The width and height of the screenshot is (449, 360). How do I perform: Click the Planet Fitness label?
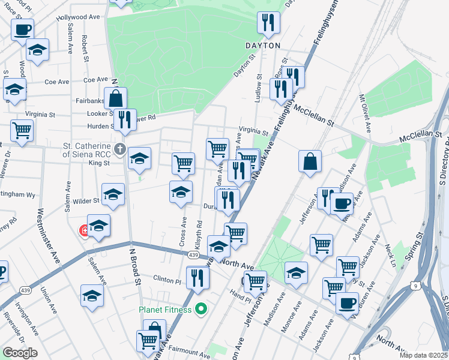[165, 310]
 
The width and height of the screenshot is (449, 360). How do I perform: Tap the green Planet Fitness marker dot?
[201, 310]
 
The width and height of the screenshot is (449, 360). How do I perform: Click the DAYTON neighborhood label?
[263, 46]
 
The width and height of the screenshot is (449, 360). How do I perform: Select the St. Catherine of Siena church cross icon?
[120, 148]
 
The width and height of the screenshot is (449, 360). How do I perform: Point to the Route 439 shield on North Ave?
[193, 255]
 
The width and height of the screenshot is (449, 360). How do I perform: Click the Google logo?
[20, 353]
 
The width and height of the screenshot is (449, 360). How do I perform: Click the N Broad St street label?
[135, 266]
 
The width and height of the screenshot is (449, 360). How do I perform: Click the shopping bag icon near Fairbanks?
[115, 98]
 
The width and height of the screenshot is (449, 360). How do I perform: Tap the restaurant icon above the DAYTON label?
[267, 23]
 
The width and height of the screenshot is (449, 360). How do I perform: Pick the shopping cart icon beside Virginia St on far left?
[22, 130]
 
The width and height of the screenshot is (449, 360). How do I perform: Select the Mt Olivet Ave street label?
[365, 114]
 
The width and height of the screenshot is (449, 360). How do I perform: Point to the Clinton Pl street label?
[167, 280]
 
